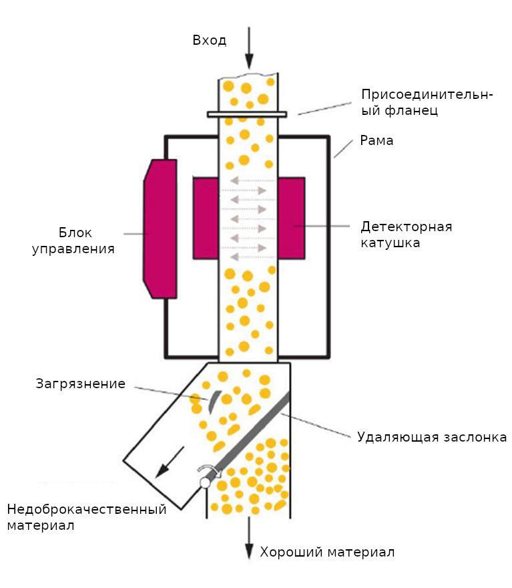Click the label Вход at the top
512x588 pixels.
[x=210, y=40]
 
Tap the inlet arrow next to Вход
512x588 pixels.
[x=249, y=48]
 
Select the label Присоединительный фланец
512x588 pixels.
[x=427, y=102]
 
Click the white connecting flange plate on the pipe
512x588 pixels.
[x=247, y=114]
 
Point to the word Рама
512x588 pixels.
[x=376, y=140]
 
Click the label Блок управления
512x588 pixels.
[x=73, y=241]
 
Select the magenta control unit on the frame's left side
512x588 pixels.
[x=160, y=229]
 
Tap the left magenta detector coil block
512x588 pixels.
[x=206, y=218]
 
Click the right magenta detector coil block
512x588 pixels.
[x=292, y=218]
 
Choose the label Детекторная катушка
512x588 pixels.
[x=407, y=235]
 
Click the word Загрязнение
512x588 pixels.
[x=81, y=384]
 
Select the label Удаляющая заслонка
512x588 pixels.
[x=432, y=437]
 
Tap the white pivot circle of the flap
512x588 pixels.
[x=205, y=482]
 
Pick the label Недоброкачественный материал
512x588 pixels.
[x=87, y=517]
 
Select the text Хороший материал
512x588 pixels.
[x=327, y=553]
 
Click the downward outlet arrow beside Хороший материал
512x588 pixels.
[x=249, y=538]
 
